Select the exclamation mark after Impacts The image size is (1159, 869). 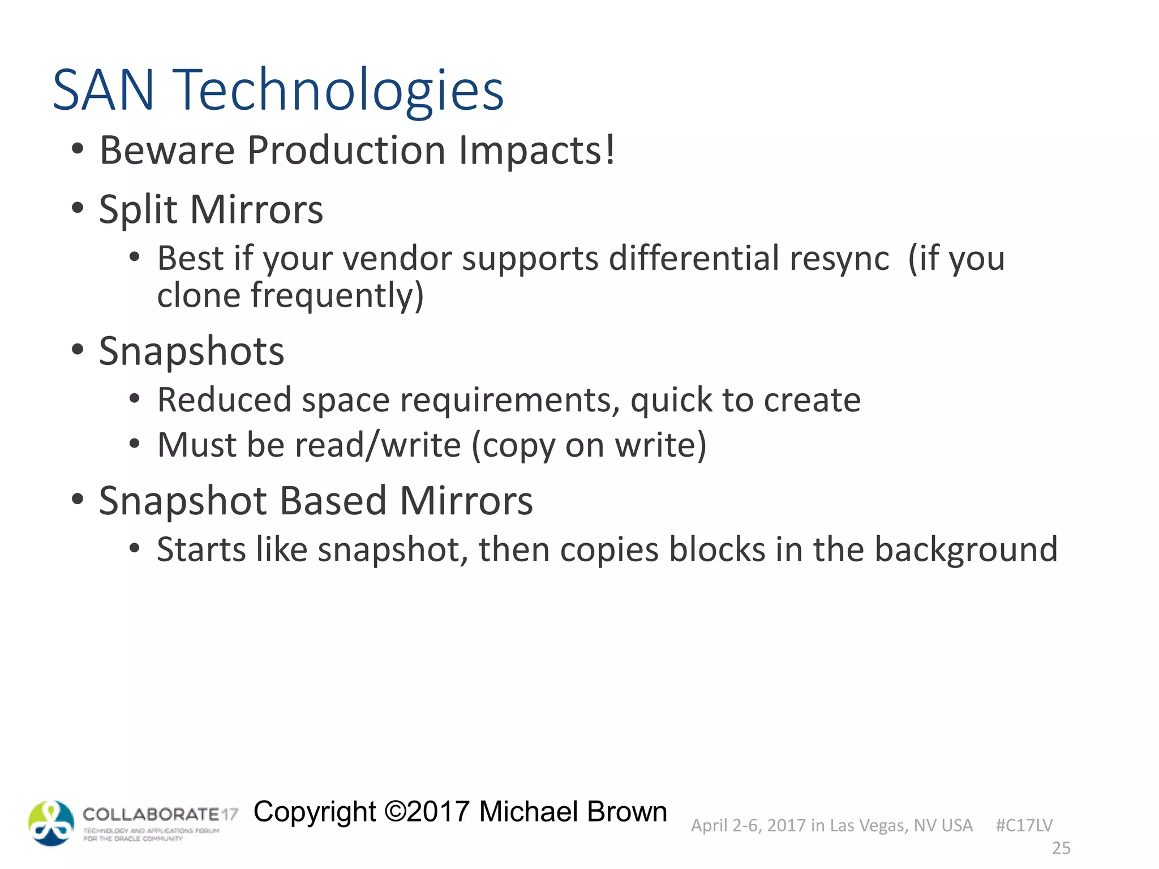(x=609, y=149)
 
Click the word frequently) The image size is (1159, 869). (x=337, y=296)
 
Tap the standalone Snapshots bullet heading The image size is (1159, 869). (x=191, y=352)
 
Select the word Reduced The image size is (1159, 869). (x=224, y=400)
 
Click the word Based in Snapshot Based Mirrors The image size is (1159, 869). (x=333, y=501)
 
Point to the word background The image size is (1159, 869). (x=966, y=549)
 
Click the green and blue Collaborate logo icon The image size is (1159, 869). (x=51, y=823)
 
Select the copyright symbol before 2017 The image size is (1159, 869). (x=395, y=812)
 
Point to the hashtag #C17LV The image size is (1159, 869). (x=1024, y=825)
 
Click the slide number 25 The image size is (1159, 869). (x=1061, y=848)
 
